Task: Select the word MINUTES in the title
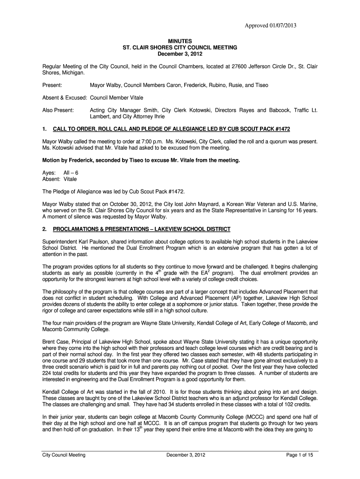pos(180,42)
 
